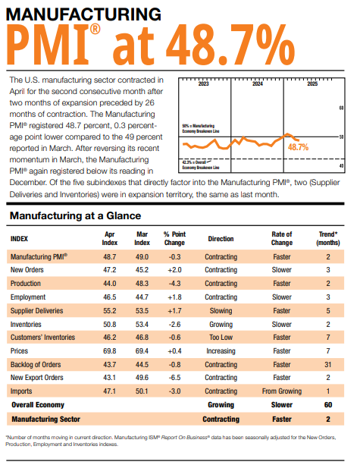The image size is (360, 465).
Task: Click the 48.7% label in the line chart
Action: coord(299,146)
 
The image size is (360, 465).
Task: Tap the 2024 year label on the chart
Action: coord(258,83)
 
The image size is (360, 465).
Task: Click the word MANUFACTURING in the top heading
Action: coord(83,14)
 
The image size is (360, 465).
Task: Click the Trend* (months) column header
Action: coord(328,238)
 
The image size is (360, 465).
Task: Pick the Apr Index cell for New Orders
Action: coord(109,269)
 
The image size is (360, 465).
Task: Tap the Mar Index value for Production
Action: coord(142,283)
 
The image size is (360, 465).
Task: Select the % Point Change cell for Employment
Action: coord(174,297)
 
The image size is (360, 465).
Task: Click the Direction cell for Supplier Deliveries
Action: coord(221,310)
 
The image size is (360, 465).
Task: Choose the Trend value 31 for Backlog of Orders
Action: coord(328,365)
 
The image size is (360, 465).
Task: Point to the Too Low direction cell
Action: coord(221,338)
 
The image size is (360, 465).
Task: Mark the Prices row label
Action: coord(20,351)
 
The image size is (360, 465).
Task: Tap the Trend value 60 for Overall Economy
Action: coord(328,406)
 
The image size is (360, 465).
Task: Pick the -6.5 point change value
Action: coord(174,379)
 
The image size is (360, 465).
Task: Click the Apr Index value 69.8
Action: coord(109,351)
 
